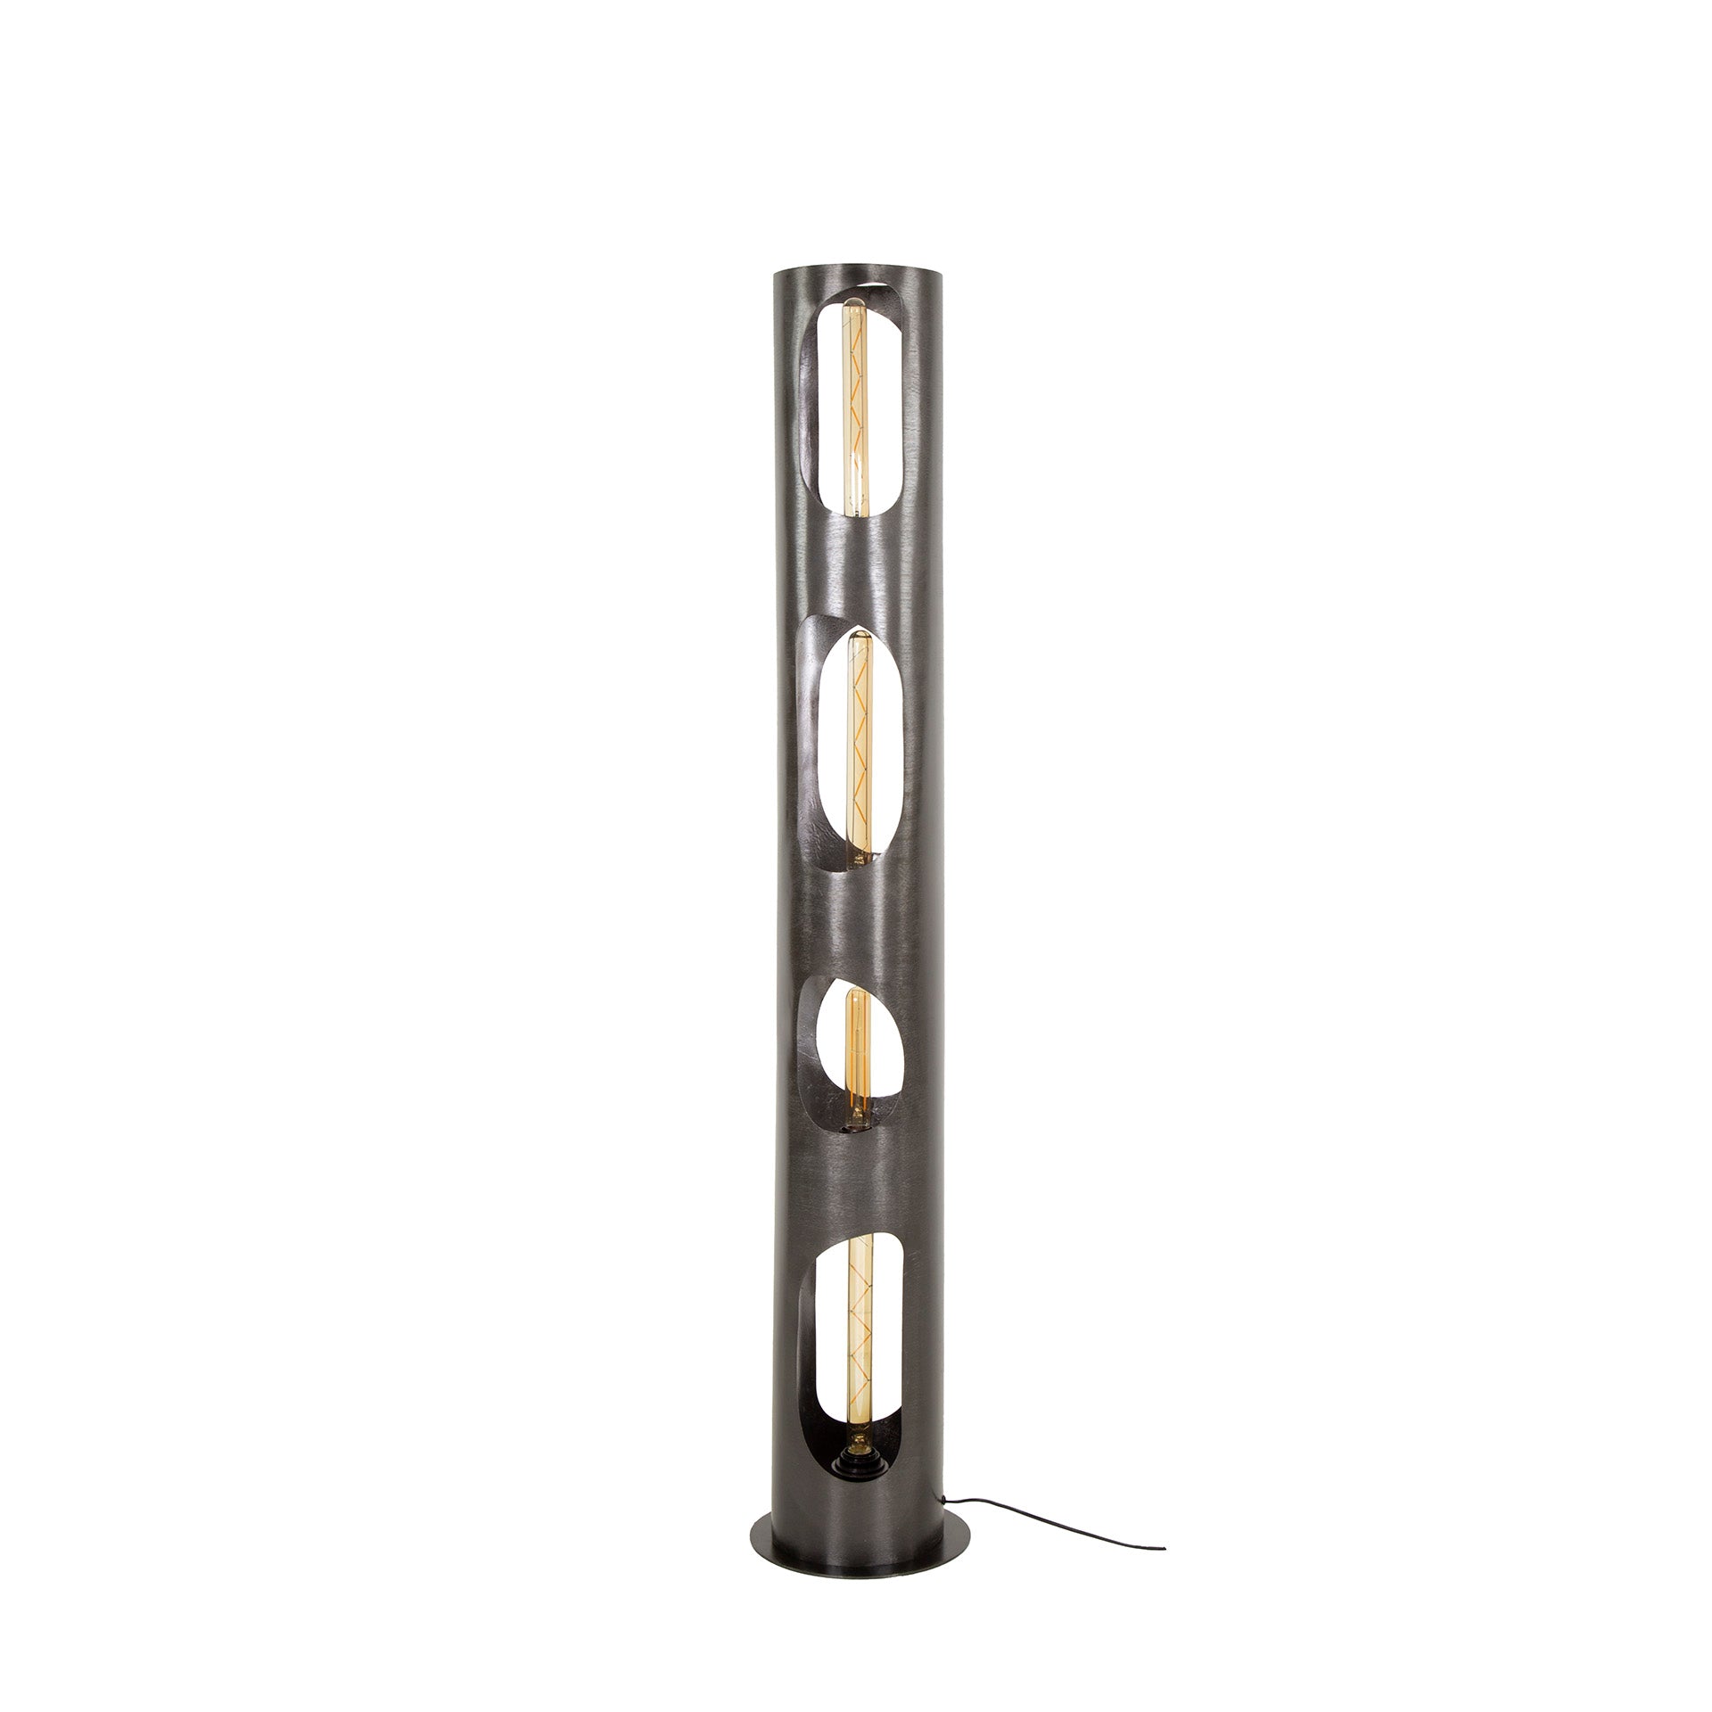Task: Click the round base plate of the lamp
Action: click(x=856, y=1525)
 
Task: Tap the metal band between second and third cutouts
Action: click(x=856, y=927)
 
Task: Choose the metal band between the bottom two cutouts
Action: click(x=856, y=1186)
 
